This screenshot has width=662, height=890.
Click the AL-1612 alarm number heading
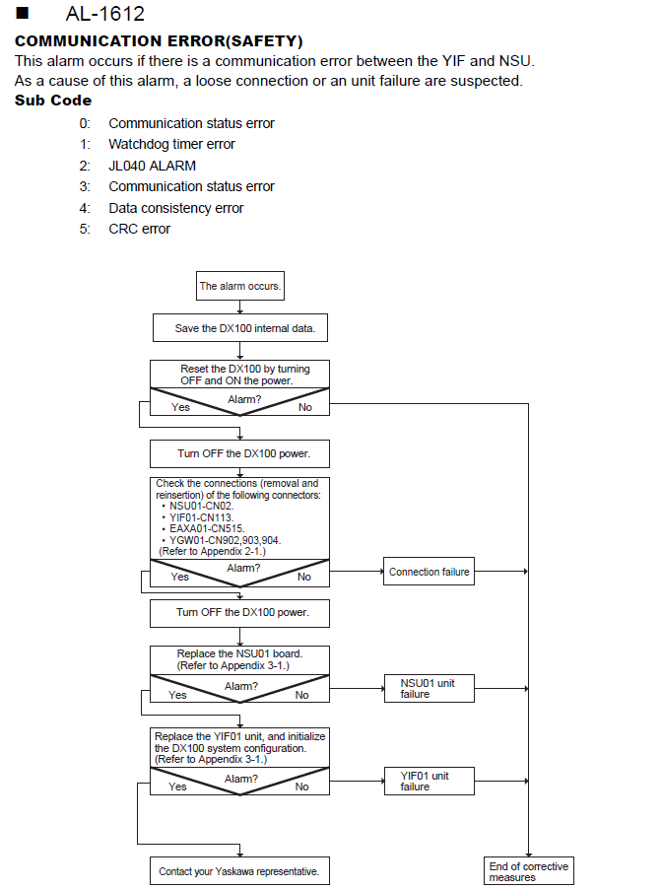click(x=105, y=14)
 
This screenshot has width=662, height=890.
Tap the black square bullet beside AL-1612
click(x=22, y=13)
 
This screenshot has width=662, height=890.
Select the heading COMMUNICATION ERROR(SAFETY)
click(x=159, y=41)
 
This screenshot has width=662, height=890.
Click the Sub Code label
click(x=53, y=101)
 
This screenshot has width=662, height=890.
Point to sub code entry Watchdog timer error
click(x=171, y=144)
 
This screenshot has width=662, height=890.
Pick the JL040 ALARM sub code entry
click(x=152, y=166)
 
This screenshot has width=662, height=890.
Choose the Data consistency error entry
click(x=176, y=208)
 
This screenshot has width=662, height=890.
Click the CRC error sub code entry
click(x=139, y=229)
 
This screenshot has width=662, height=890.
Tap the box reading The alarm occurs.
click(x=240, y=286)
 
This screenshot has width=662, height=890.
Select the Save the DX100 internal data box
click(x=240, y=328)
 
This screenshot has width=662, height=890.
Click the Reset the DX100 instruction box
click(x=239, y=375)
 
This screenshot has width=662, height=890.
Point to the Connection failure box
click(x=429, y=572)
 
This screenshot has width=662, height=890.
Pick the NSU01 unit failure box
click(x=429, y=689)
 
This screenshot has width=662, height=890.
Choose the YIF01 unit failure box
click(x=429, y=781)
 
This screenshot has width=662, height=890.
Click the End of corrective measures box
click(x=529, y=871)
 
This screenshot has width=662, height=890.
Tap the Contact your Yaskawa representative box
click(x=239, y=871)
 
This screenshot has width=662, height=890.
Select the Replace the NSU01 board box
click(x=239, y=660)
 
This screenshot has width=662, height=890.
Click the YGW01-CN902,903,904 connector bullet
click(x=222, y=540)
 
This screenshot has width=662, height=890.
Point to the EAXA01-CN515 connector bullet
click(x=203, y=529)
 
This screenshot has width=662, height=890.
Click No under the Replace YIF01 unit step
click(x=301, y=787)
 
